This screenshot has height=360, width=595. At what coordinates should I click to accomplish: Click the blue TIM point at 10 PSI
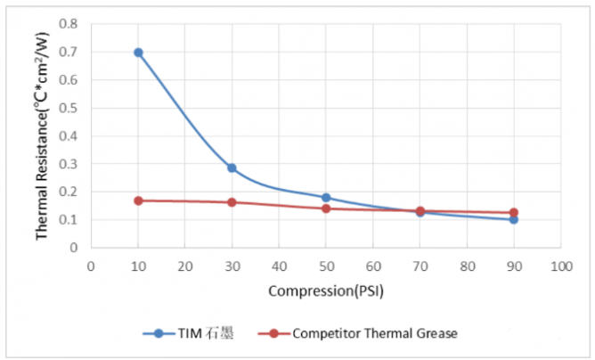(x=138, y=53)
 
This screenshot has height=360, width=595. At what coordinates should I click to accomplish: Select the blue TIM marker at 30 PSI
(x=232, y=168)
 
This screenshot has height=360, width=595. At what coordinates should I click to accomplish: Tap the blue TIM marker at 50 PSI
(x=326, y=198)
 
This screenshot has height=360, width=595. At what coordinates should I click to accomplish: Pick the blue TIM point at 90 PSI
(x=514, y=219)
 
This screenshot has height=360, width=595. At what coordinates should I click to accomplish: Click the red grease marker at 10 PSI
(x=138, y=200)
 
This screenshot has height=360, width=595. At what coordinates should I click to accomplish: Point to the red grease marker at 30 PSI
(x=232, y=202)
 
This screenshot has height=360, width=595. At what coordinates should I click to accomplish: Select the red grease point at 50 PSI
(x=326, y=209)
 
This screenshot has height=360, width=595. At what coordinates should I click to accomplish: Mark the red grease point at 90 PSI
(x=514, y=213)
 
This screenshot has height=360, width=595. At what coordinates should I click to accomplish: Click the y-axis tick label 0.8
(x=68, y=24)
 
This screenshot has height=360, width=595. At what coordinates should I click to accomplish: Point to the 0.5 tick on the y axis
(x=68, y=108)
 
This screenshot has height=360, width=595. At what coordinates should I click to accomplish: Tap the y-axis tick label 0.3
(x=68, y=164)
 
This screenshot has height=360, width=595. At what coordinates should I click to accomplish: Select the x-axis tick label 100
(x=560, y=266)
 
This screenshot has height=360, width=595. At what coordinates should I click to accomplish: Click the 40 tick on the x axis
(x=279, y=266)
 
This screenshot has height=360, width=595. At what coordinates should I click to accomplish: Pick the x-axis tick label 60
(x=373, y=266)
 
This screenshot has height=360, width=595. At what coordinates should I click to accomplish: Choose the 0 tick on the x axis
(x=91, y=266)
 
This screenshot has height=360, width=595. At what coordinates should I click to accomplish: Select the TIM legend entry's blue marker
(x=159, y=333)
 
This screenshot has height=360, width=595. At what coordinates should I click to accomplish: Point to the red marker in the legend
(x=274, y=333)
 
